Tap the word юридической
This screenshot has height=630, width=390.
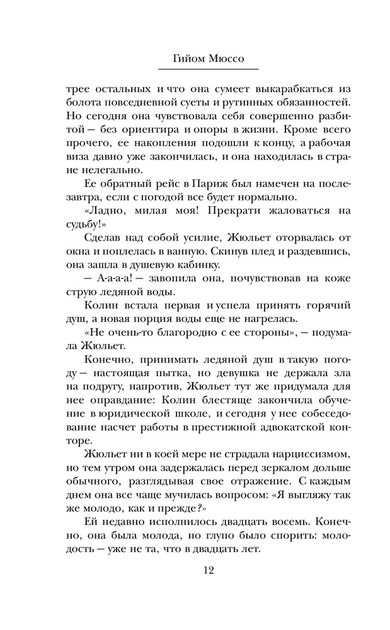tap(126, 408)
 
